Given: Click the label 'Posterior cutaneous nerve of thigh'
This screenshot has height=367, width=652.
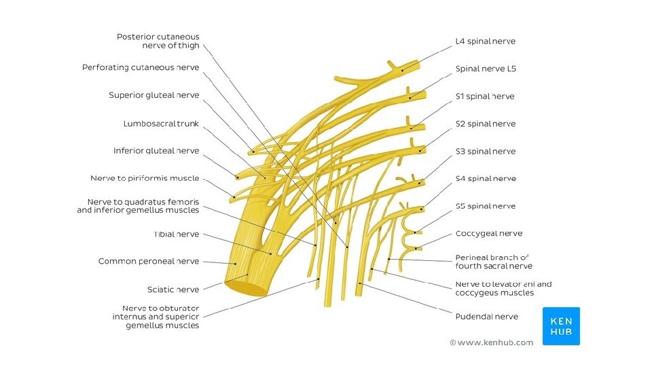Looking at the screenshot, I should pos(158,41).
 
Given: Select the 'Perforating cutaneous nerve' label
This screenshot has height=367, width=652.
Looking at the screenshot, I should pos(141,68).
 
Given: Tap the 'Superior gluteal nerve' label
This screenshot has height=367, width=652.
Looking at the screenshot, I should pos(153,96).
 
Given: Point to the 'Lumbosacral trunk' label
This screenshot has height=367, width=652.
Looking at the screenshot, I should pos(161,124).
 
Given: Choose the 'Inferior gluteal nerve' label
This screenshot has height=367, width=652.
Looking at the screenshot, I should pos(156,151).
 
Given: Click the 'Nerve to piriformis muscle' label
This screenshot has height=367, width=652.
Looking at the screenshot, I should pos(145,179).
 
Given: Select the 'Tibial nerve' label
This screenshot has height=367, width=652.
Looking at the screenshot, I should pos(176,234).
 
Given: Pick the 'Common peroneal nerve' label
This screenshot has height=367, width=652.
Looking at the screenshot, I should pos(149,262).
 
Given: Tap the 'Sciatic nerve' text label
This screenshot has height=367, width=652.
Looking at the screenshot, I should pos(173,290).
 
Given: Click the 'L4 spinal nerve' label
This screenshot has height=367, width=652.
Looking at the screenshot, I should pos(485,41).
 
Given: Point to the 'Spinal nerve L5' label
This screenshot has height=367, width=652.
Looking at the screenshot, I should pos(486,69).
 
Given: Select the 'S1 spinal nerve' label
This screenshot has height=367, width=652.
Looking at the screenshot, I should pos(485,97).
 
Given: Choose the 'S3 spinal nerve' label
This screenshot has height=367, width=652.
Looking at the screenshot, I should pos(485,152).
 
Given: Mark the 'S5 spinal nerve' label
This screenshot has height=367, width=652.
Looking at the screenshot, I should pos(485,207).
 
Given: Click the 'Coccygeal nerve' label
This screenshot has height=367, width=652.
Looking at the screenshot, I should pos(488,234).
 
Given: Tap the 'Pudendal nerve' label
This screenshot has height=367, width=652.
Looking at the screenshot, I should pos(486,317).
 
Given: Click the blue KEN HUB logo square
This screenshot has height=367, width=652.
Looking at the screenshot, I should pos(561,326).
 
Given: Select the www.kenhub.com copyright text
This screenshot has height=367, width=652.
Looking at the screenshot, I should pos(491,343).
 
